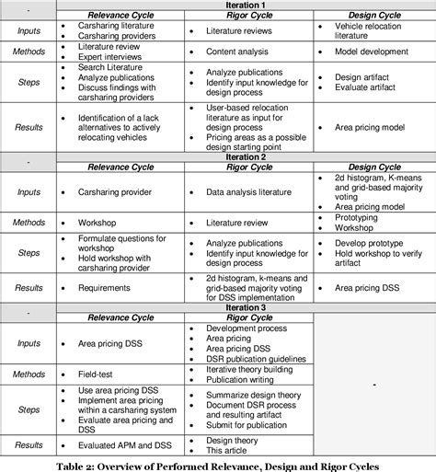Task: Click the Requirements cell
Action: (x=104, y=286)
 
